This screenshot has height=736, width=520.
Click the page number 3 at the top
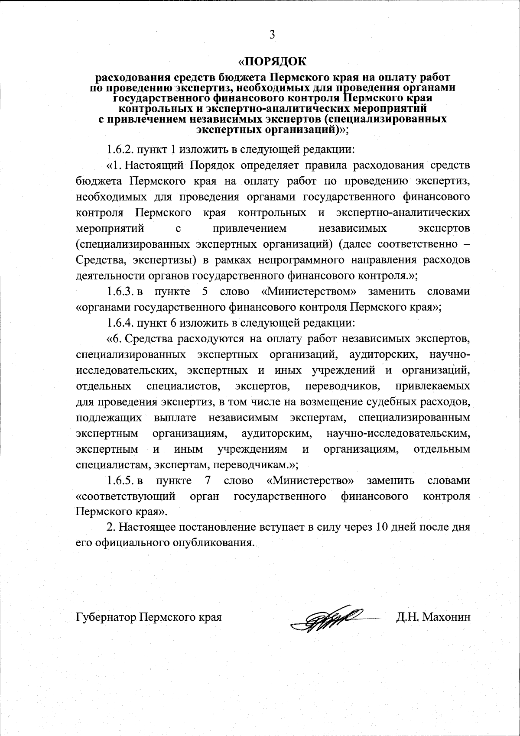click(x=272, y=35)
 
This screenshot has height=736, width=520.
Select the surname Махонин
click(x=446, y=617)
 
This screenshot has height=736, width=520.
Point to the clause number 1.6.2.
click(x=120, y=150)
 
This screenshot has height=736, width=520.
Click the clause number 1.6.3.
click(x=120, y=291)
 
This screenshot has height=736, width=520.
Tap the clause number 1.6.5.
click(x=120, y=480)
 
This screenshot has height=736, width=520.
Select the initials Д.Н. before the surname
click(x=406, y=617)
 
